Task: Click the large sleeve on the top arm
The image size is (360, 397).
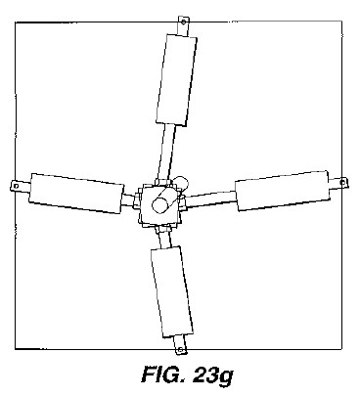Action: point(176,80)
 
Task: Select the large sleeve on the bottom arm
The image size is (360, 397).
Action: point(172,292)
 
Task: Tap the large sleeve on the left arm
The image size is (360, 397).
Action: point(76,194)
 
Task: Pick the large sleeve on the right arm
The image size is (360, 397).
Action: point(283,191)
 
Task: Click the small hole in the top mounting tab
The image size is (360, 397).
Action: point(184,22)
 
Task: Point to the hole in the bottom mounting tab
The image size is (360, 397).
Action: point(180,350)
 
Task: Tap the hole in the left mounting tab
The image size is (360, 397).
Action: point(16,186)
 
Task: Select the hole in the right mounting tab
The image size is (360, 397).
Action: point(342,183)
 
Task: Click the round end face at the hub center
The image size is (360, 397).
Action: point(160,205)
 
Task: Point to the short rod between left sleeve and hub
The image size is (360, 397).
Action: point(128,199)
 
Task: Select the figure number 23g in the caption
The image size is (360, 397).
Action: point(212,375)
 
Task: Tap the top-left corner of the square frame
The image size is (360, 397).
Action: point(16,22)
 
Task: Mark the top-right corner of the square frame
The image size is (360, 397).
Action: point(341,21)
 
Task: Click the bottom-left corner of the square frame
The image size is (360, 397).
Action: point(16,349)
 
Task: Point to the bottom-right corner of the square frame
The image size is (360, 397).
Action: point(341,349)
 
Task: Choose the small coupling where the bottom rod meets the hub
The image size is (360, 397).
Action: point(162,229)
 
